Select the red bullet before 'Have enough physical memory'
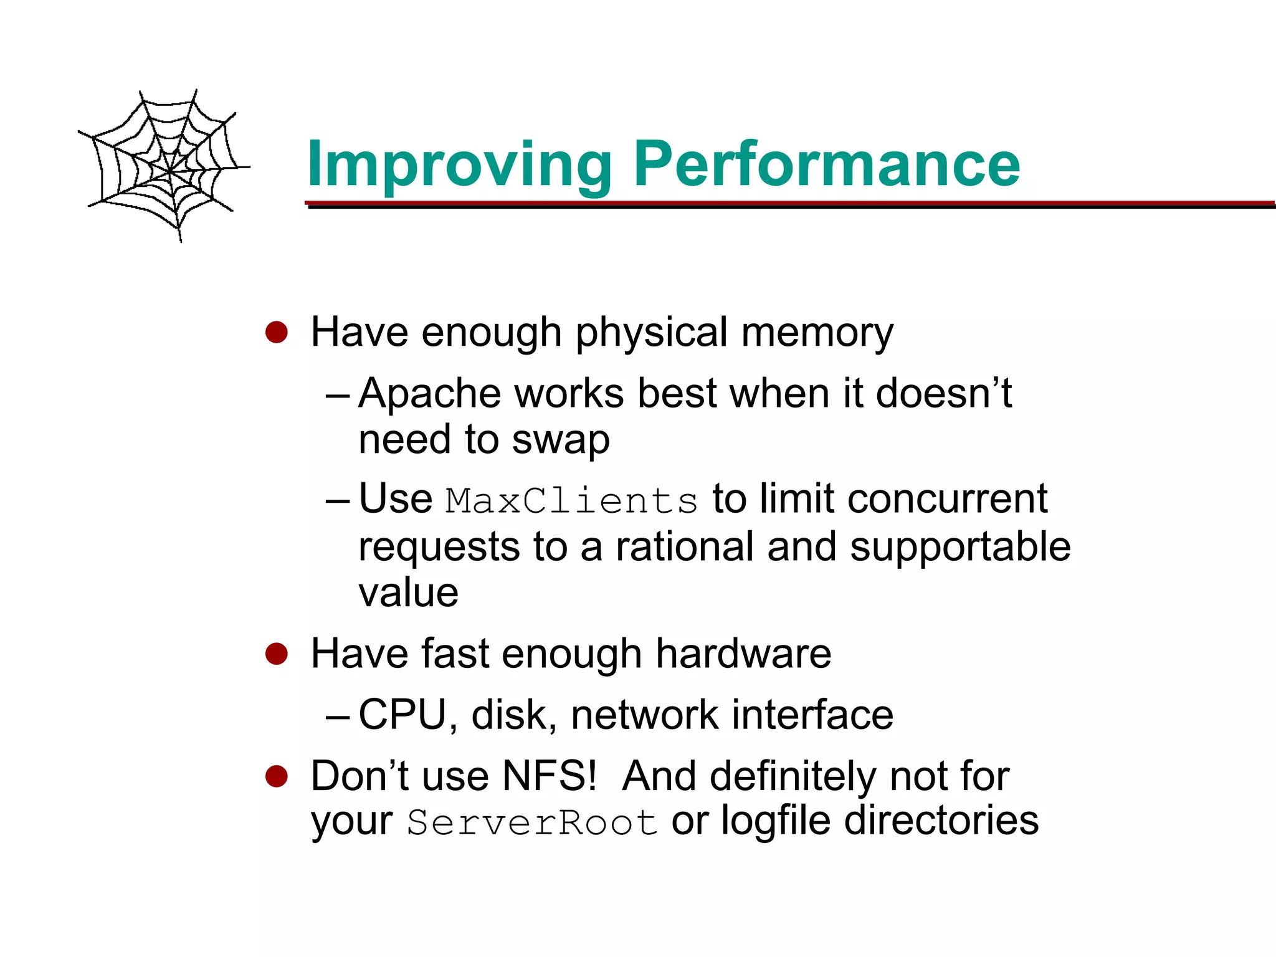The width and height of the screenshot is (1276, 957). click(276, 332)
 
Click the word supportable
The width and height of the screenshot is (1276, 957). click(960, 547)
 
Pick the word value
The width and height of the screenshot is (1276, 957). click(409, 593)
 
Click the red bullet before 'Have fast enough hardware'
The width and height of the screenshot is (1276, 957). click(276, 654)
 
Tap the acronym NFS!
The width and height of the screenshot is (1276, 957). click(550, 776)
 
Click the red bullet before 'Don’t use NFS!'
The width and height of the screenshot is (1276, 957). click(276, 776)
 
